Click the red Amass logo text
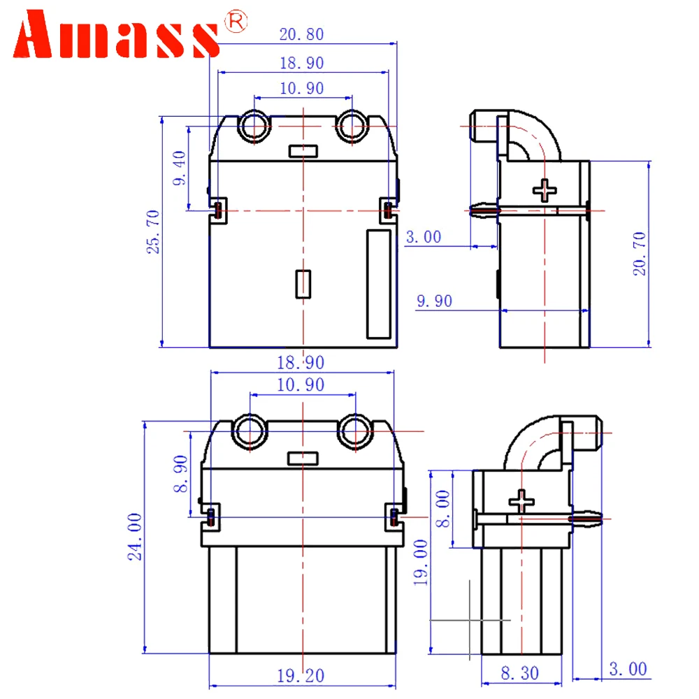coord(116,34)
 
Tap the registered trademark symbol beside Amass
coord(236,21)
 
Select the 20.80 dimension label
coord(302,34)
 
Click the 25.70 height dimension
coord(153,232)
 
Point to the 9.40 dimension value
coord(179,168)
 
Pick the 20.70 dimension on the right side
coord(640,254)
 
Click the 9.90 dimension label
coord(434,301)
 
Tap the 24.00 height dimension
coord(135,536)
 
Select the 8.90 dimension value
coord(180,474)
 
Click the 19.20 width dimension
coord(301,676)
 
